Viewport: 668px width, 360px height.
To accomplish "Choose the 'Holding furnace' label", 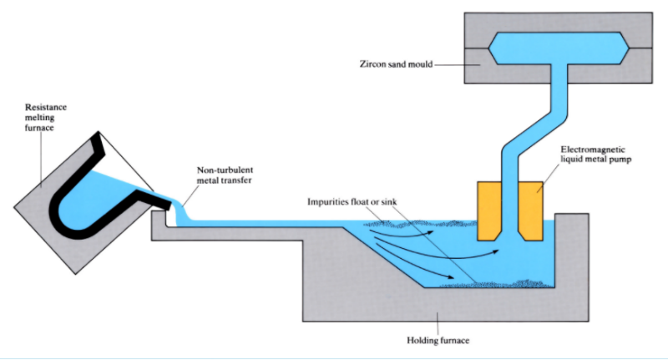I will [438, 338].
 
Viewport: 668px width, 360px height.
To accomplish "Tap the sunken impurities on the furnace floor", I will [501, 282].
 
